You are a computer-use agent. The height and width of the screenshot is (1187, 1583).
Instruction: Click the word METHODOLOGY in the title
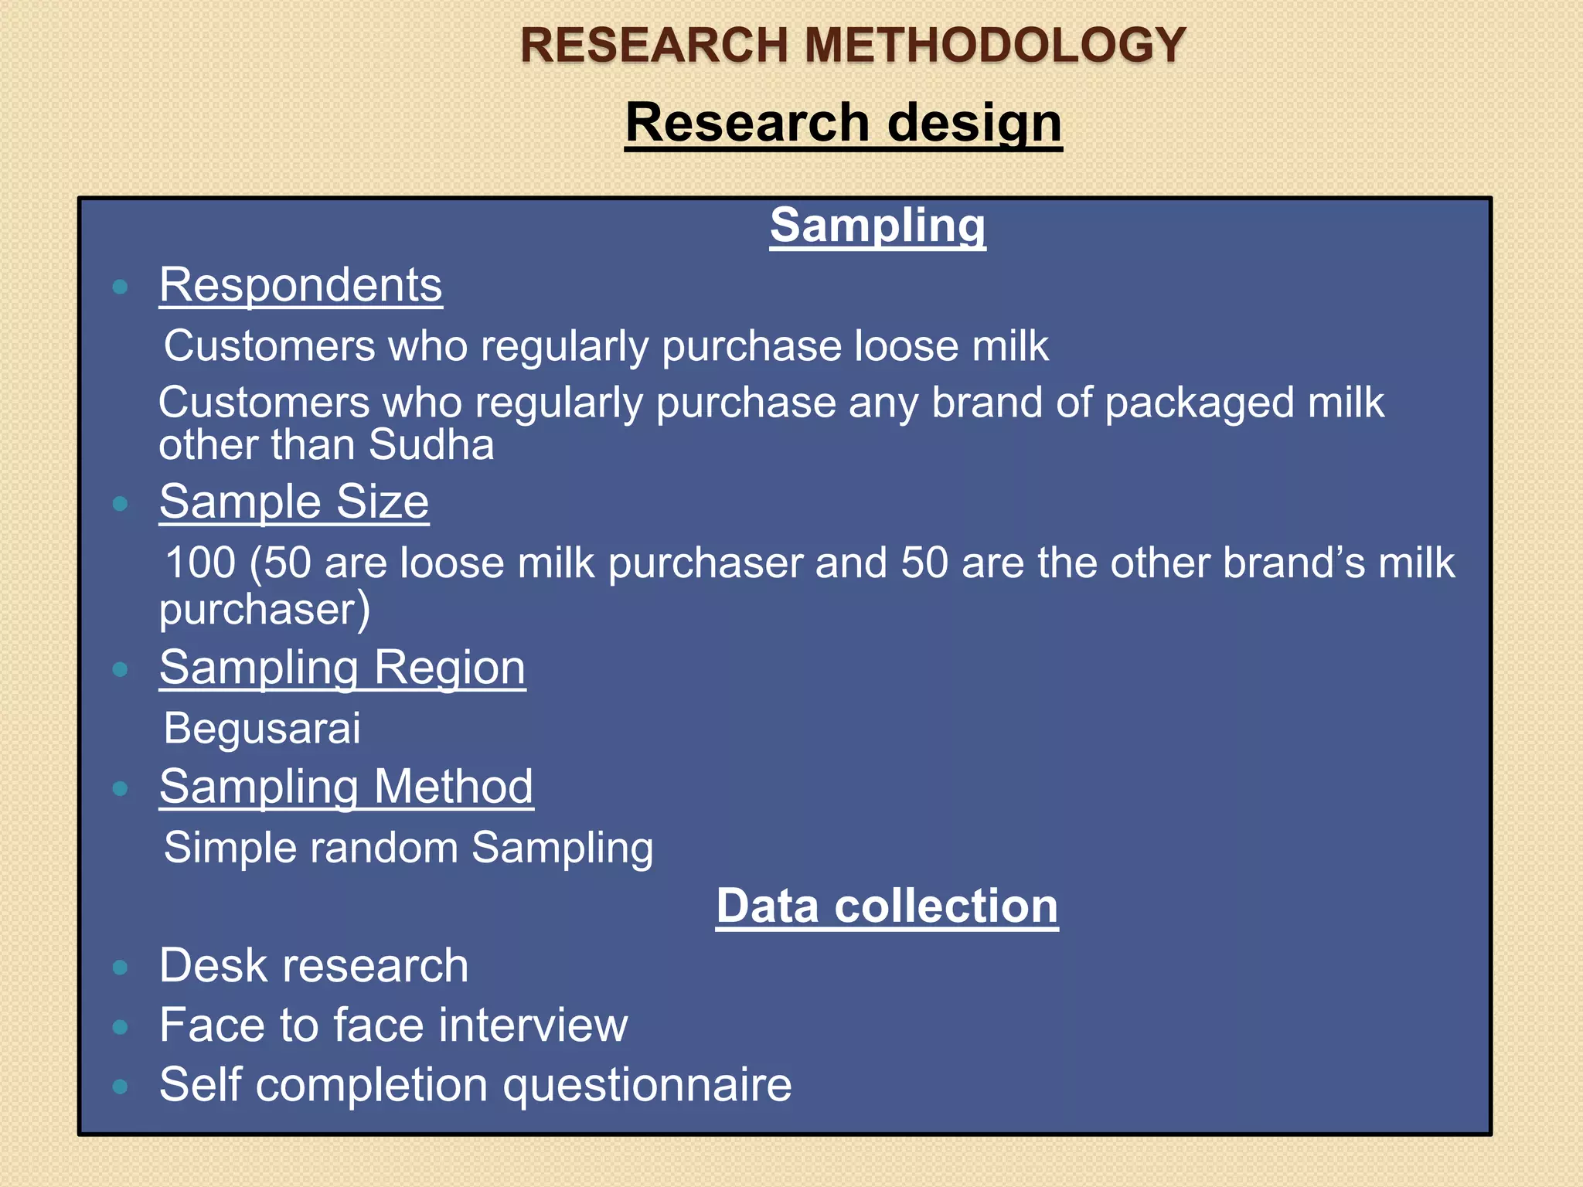(996, 45)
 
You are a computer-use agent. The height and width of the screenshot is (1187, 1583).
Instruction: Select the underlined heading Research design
(843, 123)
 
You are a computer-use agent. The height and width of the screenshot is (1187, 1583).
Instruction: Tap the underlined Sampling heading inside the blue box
(877, 226)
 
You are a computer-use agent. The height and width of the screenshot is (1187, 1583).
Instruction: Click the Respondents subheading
(301, 285)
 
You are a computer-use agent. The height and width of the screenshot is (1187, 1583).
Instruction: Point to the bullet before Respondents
(120, 287)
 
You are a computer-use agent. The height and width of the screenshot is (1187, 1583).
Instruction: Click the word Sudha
(431, 445)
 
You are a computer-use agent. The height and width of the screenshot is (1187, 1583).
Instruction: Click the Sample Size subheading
(294, 502)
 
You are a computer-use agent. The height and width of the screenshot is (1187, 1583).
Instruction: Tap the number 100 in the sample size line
(200, 563)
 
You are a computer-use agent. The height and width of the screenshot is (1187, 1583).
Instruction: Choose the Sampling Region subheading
(342, 668)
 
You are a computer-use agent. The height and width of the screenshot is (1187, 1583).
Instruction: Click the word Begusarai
(262, 728)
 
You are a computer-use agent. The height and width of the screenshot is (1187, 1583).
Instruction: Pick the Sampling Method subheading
(346, 787)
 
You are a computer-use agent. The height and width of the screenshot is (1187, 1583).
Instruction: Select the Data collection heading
(887, 906)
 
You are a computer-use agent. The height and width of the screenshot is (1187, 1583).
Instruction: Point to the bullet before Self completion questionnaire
(120, 1087)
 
